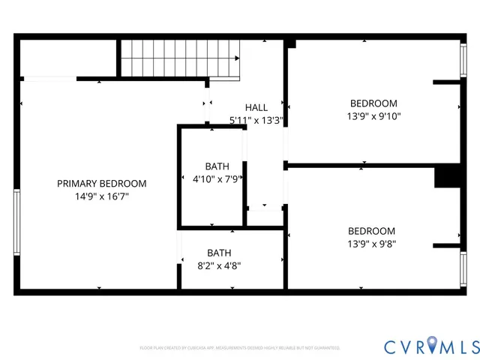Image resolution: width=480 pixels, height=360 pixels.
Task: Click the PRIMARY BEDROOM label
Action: (102, 183)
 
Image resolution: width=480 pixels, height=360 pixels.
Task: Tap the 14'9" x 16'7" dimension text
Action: (102, 196)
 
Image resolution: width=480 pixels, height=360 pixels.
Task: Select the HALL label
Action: (256, 108)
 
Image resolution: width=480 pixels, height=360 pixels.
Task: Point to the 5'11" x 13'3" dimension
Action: (256, 120)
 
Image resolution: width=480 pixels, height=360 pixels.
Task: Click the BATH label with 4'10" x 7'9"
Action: (217, 166)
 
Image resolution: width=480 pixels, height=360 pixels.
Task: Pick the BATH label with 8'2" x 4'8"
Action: (219, 253)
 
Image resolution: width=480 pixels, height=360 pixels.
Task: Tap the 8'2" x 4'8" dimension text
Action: (219, 265)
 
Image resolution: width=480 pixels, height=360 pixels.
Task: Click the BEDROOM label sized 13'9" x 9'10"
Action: (373, 103)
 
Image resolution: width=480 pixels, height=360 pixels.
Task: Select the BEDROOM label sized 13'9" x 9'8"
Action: (371, 231)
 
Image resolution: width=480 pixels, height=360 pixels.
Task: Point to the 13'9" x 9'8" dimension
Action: (371, 244)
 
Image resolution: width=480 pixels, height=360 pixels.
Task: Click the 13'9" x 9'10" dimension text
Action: (373, 116)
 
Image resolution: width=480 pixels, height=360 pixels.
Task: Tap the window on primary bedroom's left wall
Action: (16, 222)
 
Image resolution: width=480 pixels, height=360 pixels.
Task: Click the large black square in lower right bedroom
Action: (447, 175)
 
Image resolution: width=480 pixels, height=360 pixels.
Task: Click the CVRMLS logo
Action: (431, 346)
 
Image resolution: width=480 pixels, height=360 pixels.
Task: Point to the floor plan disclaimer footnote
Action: (240, 348)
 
